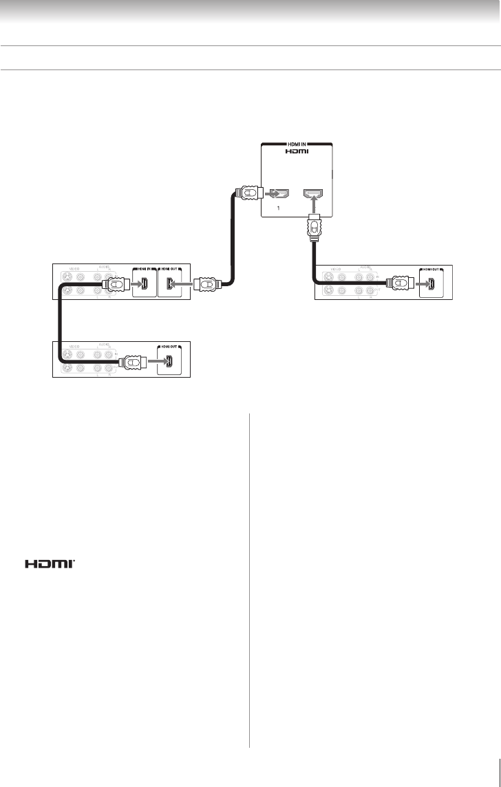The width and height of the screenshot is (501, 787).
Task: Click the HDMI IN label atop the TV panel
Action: point(297,144)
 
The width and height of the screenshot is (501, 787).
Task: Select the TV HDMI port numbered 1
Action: point(279,193)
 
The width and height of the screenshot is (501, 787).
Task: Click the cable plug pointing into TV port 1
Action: point(246,193)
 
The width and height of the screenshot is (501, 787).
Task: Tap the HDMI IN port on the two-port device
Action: point(143,283)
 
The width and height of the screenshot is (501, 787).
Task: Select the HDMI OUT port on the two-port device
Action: point(170,283)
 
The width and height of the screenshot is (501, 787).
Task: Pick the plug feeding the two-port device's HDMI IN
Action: point(114,283)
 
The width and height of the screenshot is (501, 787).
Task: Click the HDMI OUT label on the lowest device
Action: point(170,346)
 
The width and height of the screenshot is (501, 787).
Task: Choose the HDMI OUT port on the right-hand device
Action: point(431,283)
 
